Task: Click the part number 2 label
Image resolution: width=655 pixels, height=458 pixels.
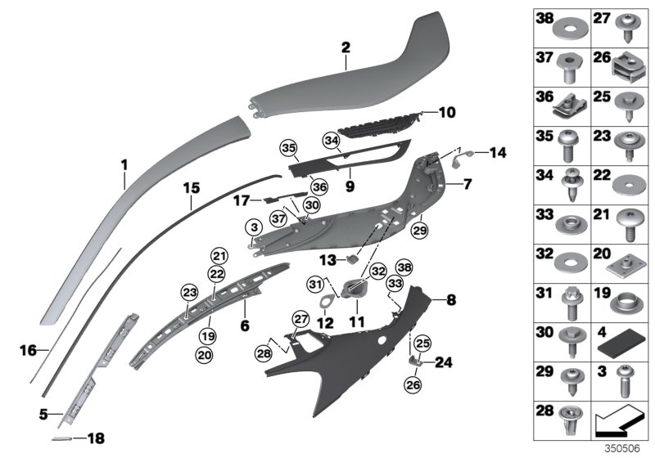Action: click(x=346, y=48)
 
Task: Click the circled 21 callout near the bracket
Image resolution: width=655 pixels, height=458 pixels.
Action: click(x=218, y=254)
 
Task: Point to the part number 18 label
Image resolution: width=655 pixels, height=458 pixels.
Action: click(x=96, y=438)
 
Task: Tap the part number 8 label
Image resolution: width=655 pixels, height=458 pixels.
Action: click(x=449, y=300)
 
